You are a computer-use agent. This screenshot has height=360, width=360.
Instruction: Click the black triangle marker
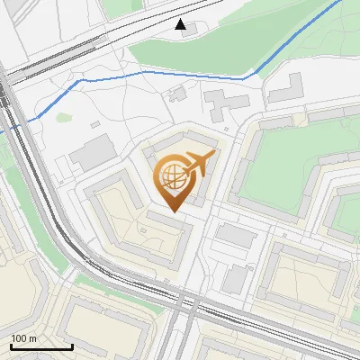pos(181,24)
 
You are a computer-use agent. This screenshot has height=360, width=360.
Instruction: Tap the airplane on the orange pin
pos(197,165)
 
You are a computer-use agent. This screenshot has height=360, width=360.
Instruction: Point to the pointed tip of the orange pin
pos(173,211)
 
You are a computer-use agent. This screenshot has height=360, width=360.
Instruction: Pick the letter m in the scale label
pos(33,338)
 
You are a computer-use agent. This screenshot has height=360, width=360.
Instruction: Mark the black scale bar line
pos(41,346)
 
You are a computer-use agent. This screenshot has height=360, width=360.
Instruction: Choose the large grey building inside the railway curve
pos(93,155)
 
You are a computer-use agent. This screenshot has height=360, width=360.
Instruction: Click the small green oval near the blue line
pos(64,116)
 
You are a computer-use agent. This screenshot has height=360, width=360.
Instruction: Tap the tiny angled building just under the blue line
pos(177,93)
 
